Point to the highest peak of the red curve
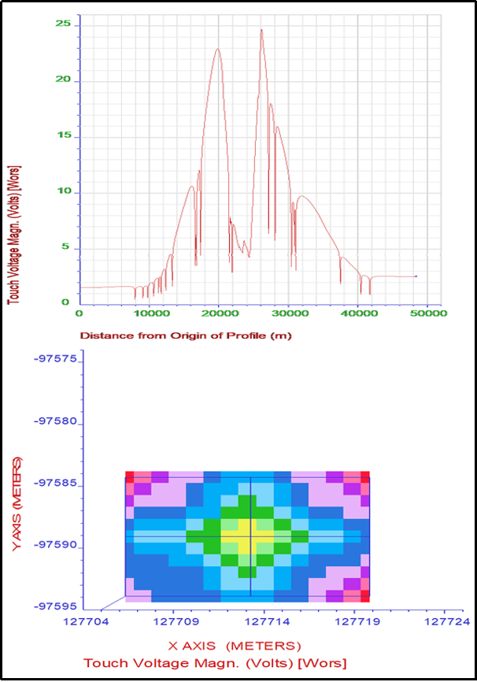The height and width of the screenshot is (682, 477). (261, 30)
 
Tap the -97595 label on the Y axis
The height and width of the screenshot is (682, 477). (54, 606)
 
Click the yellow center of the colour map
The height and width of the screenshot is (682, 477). (251, 538)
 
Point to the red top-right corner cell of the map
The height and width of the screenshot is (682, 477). (364, 477)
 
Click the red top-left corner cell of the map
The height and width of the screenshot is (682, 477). (130, 477)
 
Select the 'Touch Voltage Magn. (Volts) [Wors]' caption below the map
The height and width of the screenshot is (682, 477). (214, 663)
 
